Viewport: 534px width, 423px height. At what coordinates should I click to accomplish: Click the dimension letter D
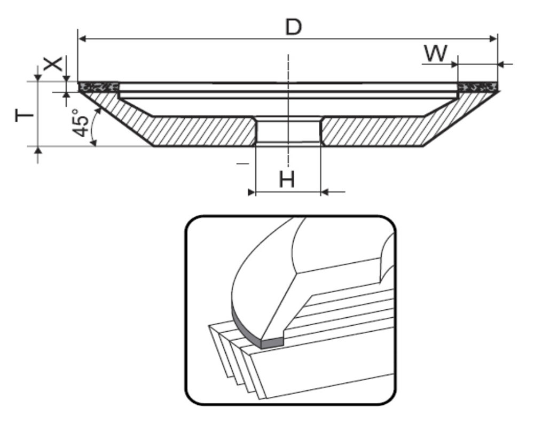(293, 27)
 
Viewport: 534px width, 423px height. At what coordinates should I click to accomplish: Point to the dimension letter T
(25, 116)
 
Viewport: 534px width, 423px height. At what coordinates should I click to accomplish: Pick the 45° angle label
(81, 123)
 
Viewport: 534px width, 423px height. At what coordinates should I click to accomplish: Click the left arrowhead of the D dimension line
(82, 39)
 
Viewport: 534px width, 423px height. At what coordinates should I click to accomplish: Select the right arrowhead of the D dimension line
(493, 38)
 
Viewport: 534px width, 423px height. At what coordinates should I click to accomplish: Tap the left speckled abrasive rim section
(98, 87)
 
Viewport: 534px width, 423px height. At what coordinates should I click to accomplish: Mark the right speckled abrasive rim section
(478, 87)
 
